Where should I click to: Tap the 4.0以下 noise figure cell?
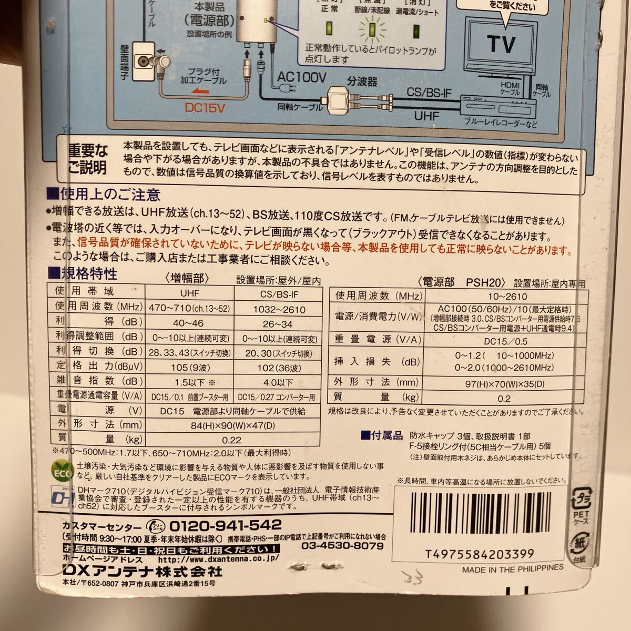click(278, 382)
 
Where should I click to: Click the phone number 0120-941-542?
click(225, 525)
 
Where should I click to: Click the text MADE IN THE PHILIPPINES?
click(513, 568)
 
